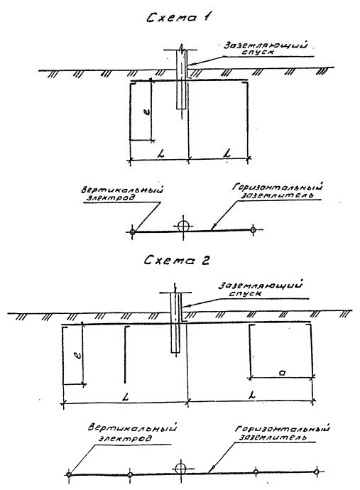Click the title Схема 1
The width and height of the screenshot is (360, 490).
[x=178, y=17]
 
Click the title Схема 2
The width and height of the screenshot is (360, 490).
[x=177, y=260]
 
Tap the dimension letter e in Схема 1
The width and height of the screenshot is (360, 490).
[x=148, y=111]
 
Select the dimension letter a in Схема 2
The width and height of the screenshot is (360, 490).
[x=282, y=372]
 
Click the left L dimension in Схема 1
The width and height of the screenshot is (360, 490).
[x=161, y=153]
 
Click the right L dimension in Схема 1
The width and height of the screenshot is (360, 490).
[x=227, y=153]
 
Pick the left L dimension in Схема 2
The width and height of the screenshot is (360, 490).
[x=126, y=397]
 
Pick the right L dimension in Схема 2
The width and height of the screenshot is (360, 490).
[x=252, y=395]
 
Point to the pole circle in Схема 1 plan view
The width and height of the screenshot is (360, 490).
[x=183, y=226]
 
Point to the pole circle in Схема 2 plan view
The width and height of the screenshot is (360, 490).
[x=180, y=469]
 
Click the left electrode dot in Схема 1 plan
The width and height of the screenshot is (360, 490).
[x=132, y=232]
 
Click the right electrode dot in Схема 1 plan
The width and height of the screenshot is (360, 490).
[x=253, y=230]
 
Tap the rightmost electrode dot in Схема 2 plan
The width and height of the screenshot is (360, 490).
[x=316, y=472]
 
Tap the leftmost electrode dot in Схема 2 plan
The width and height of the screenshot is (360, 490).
[x=69, y=474]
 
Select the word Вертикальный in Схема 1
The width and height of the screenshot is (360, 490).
[x=122, y=190]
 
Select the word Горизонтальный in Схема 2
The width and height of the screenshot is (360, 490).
[x=282, y=428]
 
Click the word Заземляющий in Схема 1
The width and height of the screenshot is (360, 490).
[x=266, y=45]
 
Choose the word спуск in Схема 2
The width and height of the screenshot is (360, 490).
[x=245, y=293]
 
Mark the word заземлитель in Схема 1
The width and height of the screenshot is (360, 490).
[x=277, y=195]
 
